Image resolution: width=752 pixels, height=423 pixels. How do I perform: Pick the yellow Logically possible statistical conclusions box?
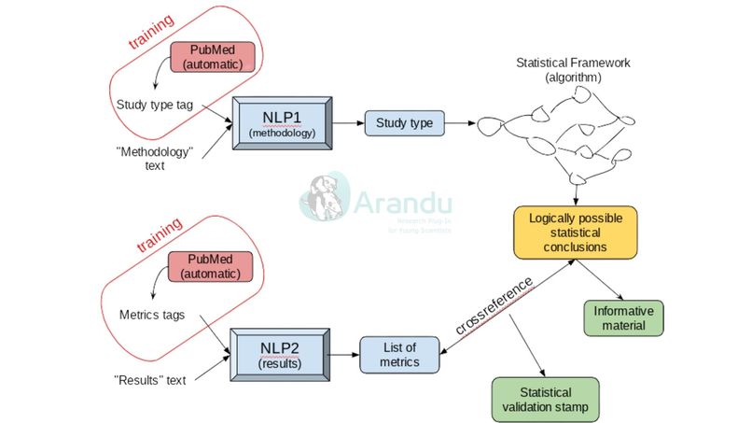click(575, 233)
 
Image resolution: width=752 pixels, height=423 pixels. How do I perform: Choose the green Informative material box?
click(624, 317)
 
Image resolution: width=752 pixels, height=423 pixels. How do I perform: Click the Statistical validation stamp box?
click(546, 399)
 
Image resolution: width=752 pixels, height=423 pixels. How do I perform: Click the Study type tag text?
click(154, 104)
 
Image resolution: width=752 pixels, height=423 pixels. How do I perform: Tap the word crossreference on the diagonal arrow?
click(494, 307)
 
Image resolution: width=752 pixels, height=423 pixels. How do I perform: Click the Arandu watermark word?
click(403, 204)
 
